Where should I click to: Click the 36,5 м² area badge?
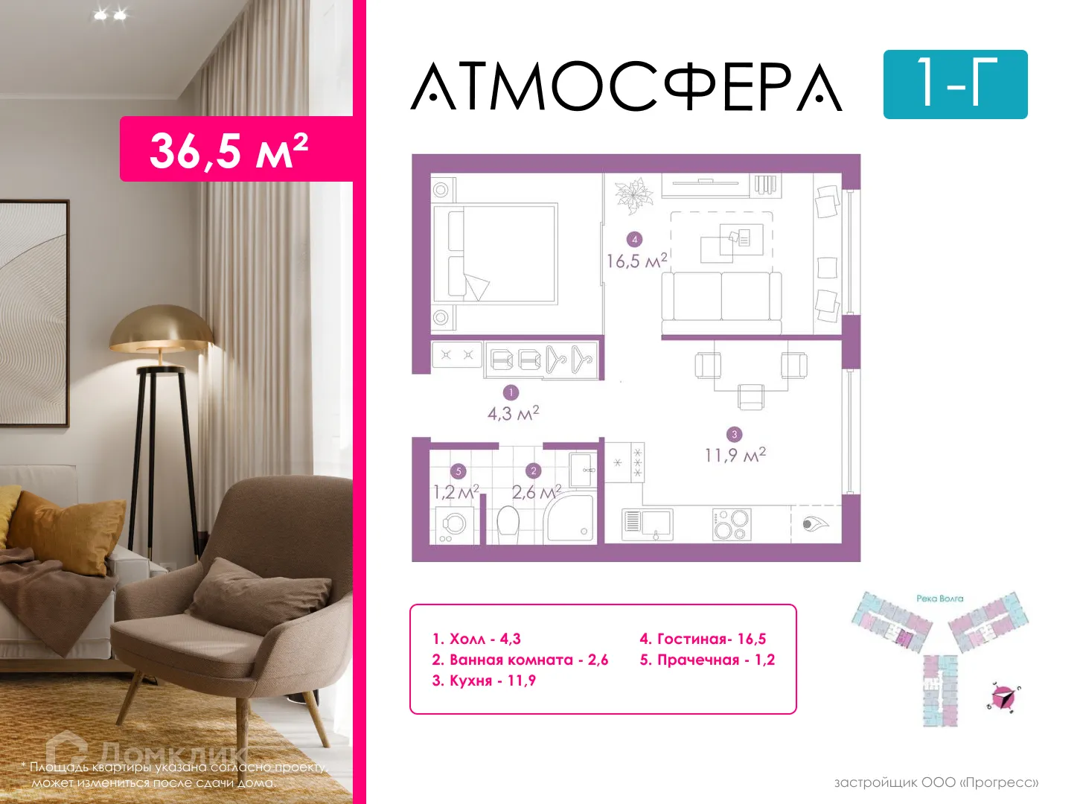point(229,150)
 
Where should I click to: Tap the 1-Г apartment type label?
point(955,84)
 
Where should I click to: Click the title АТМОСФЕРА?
point(627,87)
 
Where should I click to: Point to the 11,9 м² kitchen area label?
point(735,455)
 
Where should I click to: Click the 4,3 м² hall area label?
point(513,413)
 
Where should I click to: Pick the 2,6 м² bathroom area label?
point(536,492)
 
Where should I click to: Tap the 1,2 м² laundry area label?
point(456,492)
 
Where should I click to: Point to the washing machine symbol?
point(453,524)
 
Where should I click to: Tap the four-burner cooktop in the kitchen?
point(731,524)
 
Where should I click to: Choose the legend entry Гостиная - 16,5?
point(703,639)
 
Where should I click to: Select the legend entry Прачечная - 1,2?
point(707,660)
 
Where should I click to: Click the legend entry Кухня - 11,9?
point(484,680)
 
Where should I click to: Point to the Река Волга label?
point(939,599)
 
